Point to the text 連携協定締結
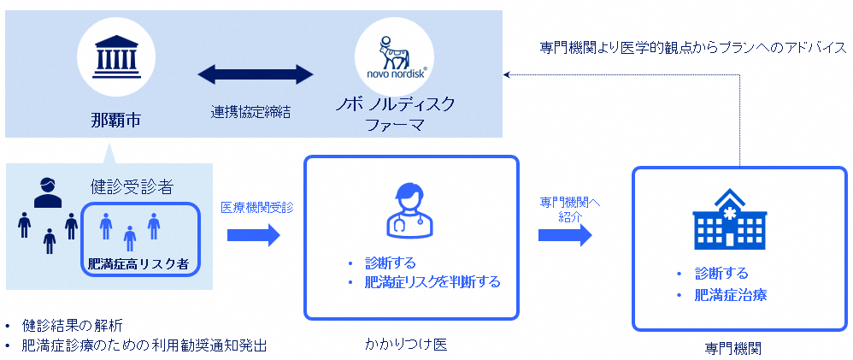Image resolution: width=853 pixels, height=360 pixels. coord(250,111)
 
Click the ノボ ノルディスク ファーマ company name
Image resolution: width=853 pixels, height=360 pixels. coord(394,115)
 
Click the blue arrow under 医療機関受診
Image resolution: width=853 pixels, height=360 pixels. coord(254,234)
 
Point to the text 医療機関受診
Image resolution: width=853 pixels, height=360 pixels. coord(256,207)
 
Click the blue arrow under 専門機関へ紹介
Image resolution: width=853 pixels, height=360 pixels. coord(565,234)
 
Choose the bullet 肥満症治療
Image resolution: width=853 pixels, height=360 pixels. coord(730,296)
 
